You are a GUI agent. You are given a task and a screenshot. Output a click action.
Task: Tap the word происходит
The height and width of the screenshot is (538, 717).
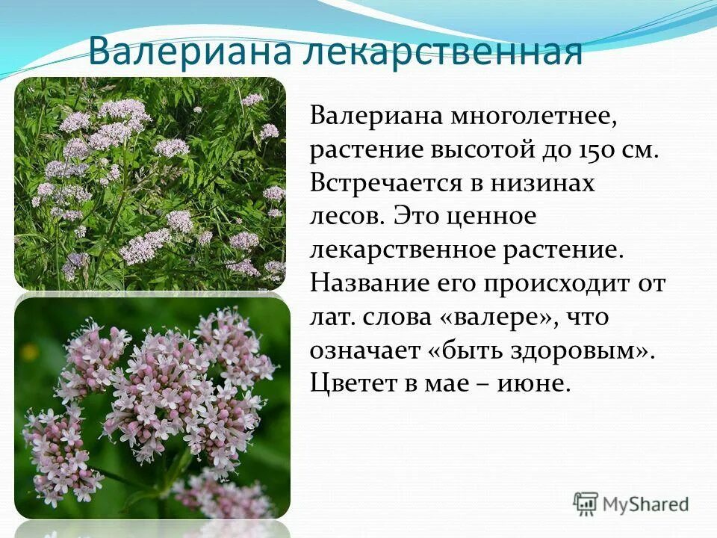(551, 284)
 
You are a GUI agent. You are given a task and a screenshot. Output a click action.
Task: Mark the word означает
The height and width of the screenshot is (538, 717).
(364, 351)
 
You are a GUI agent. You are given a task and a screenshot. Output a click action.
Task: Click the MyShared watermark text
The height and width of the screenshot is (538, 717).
(646, 504)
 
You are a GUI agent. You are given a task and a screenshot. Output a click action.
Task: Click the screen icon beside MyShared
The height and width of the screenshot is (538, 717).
(586, 504)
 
